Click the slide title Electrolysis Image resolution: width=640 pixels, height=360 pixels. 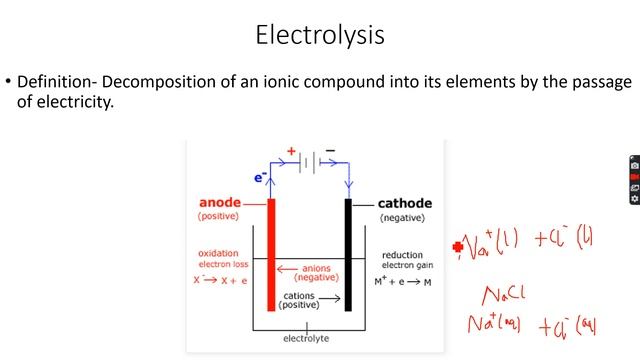(319, 36)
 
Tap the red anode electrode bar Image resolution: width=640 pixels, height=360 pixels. (271, 254)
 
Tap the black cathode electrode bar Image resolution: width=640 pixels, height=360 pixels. (348, 254)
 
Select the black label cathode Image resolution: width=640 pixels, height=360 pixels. (405, 204)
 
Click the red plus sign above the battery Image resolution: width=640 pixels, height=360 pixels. (292, 151)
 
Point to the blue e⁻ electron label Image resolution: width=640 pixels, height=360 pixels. (260, 178)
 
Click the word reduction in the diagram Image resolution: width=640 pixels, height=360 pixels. (403, 256)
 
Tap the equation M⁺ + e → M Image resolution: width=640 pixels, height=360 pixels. (411, 281)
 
